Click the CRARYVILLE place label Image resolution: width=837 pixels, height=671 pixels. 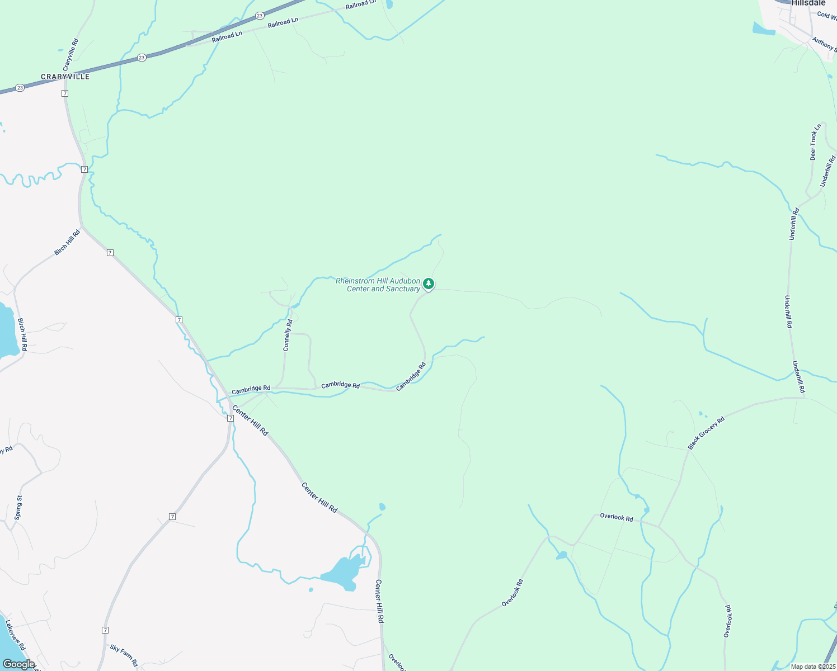coord(65,77)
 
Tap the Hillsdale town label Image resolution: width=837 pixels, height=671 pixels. coord(808,3)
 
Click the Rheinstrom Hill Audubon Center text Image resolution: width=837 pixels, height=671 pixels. coord(378,285)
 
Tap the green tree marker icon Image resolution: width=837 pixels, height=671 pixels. coord(429,283)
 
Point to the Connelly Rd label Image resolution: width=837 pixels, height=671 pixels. coord(288,335)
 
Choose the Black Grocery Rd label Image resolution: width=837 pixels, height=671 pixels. coord(706,433)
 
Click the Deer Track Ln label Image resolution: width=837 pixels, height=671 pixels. coord(816,142)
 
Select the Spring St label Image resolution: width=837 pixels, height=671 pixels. coord(18,508)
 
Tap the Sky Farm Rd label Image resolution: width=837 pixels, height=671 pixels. coord(124,656)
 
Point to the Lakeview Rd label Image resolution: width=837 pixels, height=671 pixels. coord(16,635)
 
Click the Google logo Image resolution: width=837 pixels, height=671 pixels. coord(18,664)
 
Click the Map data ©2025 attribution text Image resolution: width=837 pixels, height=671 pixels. coord(813,667)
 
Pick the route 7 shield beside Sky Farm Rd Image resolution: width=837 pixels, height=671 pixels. coord(105,630)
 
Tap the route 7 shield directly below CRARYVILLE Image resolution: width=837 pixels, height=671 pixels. coord(65,93)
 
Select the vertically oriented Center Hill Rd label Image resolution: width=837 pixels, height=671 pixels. coord(379,602)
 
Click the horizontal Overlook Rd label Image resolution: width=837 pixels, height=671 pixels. coord(617,517)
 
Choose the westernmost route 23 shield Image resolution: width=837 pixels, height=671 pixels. coord(20,88)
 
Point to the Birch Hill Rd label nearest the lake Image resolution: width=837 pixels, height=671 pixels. coord(22,334)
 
